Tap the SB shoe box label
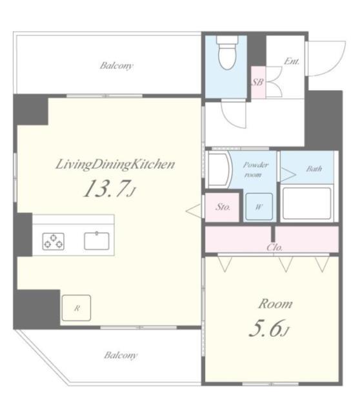tap(256, 82)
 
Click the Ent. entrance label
tap(290, 62)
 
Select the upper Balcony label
tap(116, 65)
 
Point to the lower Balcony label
tap(120, 354)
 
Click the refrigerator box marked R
tap(76, 308)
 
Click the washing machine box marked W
tap(258, 207)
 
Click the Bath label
tap(314, 169)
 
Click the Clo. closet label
tap(274, 247)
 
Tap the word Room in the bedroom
tap(275, 303)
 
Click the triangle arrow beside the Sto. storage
tap(192, 210)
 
